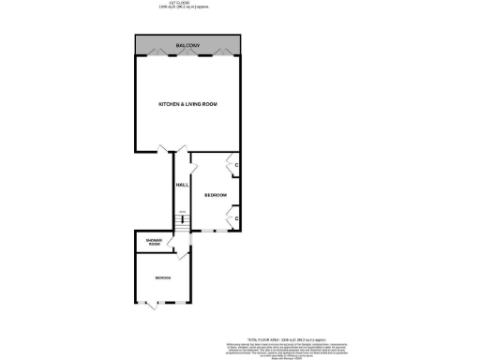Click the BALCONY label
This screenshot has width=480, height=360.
(188, 45)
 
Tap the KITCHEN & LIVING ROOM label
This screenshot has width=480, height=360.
(187, 103)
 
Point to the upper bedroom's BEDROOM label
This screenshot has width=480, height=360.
(216, 194)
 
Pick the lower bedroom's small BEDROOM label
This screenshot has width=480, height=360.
(163, 278)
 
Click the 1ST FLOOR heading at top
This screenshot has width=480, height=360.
(187, 4)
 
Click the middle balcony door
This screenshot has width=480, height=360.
(188, 53)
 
